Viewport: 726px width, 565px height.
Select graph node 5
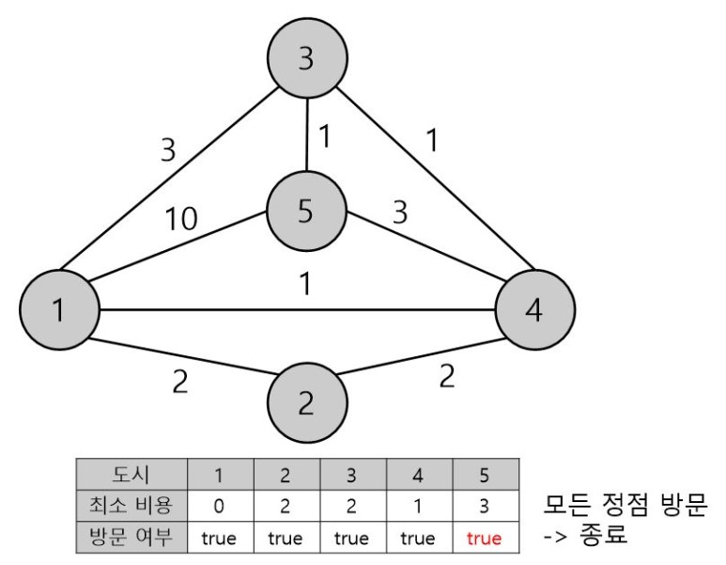coord(304,212)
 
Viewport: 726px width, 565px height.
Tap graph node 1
coord(59,310)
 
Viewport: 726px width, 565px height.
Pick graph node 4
coord(533,310)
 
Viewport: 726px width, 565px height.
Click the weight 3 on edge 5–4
coord(401,213)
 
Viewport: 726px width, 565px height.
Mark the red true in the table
coord(485,539)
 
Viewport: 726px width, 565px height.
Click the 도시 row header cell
coord(131,472)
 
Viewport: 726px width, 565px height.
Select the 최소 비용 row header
coord(131,505)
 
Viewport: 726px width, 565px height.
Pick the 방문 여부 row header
coord(131,539)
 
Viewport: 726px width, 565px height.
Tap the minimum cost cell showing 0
coord(217,505)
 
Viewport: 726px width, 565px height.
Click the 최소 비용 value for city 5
coord(485,505)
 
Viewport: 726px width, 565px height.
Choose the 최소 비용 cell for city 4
coord(418,505)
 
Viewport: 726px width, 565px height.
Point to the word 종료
coord(602,539)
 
